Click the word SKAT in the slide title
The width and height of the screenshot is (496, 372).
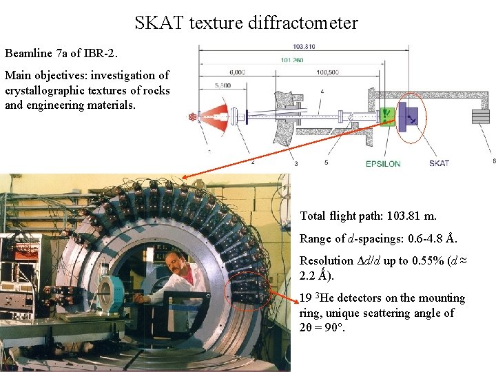pyautogui.click(x=158, y=23)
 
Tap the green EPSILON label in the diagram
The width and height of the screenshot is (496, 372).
pyautogui.click(x=383, y=163)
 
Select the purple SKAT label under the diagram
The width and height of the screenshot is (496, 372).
pyautogui.click(x=439, y=163)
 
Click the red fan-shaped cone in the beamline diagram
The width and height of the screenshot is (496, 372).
pyautogui.click(x=216, y=116)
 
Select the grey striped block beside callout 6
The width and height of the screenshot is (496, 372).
pyautogui.click(x=481, y=116)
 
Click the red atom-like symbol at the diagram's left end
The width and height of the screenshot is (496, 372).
pyautogui.click(x=192, y=116)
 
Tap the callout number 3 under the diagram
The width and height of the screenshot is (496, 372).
pyautogui.click(x=296, y=163)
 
